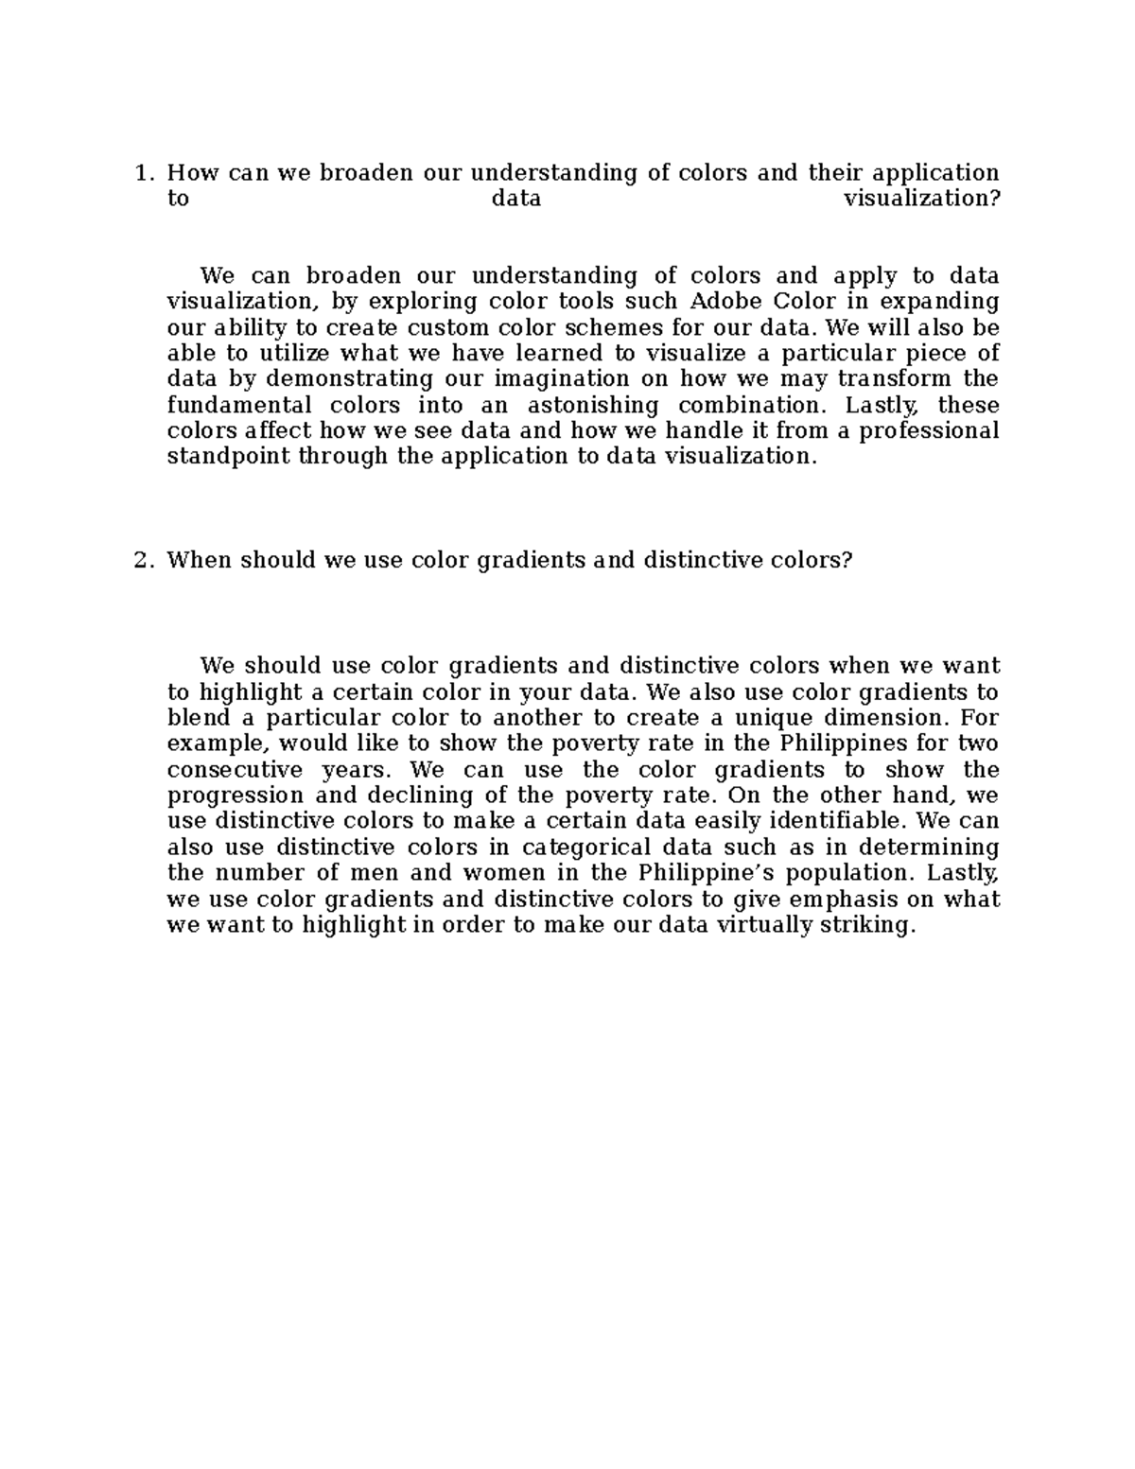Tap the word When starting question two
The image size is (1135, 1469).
(199, 560)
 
